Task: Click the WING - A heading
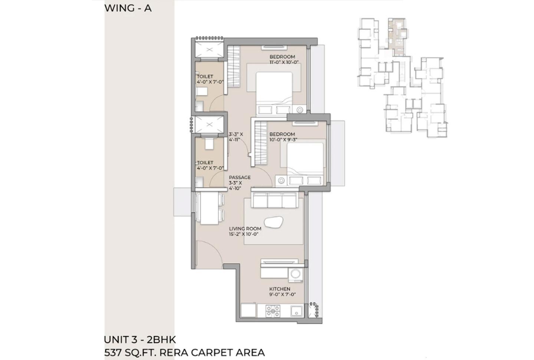pos(128,8)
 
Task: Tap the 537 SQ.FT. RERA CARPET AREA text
pos(184,352)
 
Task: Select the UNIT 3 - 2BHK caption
pos(140,339)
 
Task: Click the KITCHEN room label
pos(280,289)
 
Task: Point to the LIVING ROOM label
pos(245,229)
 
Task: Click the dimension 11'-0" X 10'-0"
pos(284,62)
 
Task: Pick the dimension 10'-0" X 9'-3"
pos(284,140)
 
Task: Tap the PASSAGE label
pos(240,177)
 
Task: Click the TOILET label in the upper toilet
pos(205,76)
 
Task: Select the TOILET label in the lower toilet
pos(205,163)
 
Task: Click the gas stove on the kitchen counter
pos(273,311)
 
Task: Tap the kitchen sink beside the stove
pos(296,311)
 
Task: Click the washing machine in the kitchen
pos(296,274)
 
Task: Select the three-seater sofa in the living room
pos(274,200)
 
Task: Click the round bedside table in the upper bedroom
pos(300,109)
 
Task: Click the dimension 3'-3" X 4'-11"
pos(235,137)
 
